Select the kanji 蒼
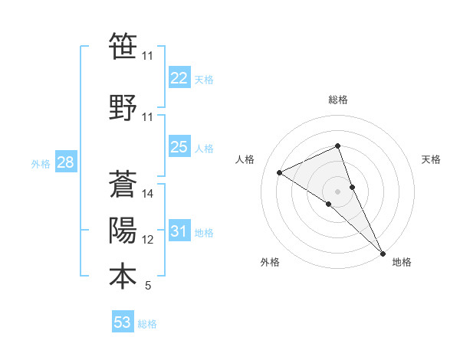coord(123,184)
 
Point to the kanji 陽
coord(123,230)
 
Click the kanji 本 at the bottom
coord(123,276)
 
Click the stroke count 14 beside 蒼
coord(148,194)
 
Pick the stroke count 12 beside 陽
coord(148,240)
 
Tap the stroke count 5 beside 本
coord(148,286)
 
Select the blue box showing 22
coord(179,78)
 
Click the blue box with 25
coord(179,147)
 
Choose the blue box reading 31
coord(179,231)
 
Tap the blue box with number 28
coord(65,162)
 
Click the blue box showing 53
coord(123,322)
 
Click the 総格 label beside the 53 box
coord(147,324)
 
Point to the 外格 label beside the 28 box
coord(41,164)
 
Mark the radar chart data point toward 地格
coord(383,252)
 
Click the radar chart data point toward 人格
coord(280,172)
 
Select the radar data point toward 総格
coord(337,146)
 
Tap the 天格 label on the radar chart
coord(432,159)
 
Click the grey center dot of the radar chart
coord(337,191)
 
